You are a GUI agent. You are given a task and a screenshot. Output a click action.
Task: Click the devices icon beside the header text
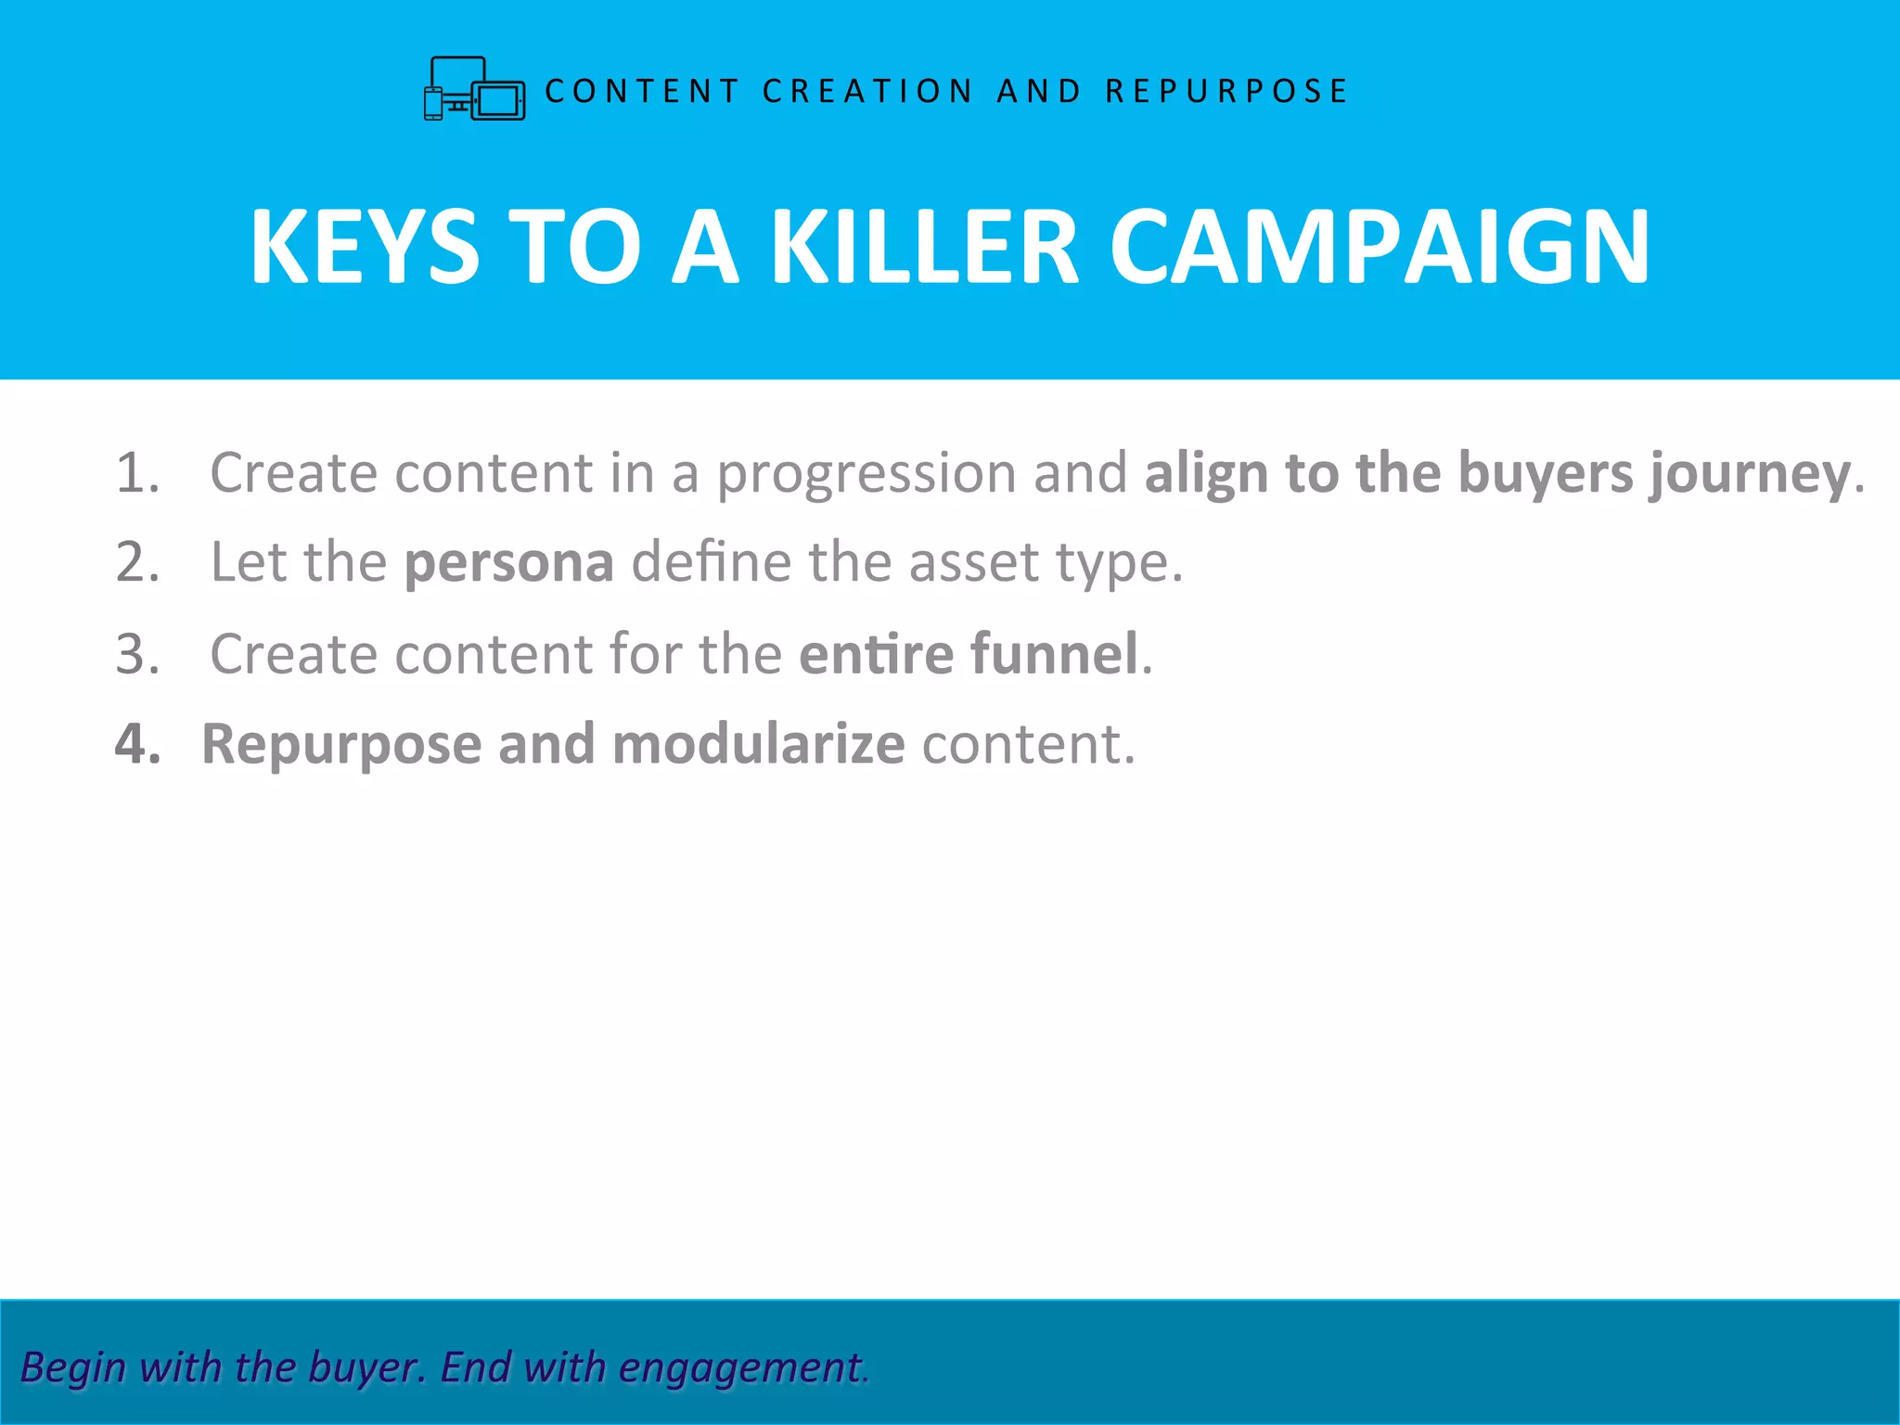click(x=474, y=89)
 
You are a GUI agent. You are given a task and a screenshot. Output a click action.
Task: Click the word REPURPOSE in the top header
click(x=1226, y=91)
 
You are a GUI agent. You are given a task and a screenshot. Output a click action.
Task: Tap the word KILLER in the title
click(x=925, y=247)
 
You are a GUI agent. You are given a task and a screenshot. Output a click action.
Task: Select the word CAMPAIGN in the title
click(x=1380, y=247)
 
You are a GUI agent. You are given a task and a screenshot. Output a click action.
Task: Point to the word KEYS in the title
click(x=365, y=247)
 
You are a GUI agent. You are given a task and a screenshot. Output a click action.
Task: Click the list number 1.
click(x=136, y=473)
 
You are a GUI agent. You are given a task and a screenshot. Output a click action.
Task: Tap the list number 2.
click(x=137, y=562)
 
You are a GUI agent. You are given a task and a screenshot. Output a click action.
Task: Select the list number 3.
click(x=137, y=654)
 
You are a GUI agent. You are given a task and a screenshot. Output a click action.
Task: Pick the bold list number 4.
click(x=137, y=744)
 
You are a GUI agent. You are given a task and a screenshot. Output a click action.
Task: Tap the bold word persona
click(x=508, y=564)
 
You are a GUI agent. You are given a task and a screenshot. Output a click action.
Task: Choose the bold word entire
click(x=876, y=654)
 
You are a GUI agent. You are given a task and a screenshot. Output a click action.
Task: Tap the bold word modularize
click(x=758, y=744)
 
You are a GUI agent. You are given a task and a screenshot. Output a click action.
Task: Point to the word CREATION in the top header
click(x=867, y=91)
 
